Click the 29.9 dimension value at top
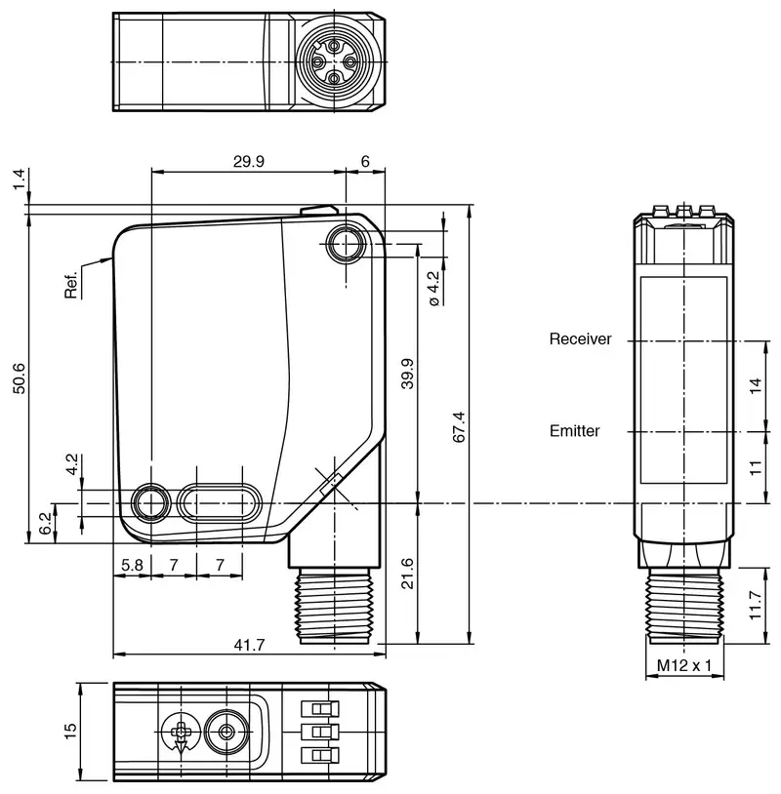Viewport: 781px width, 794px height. (x=249, y=162)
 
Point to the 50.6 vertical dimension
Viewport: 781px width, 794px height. (x=19, y=378)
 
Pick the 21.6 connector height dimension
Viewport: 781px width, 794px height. (x=407, y=574)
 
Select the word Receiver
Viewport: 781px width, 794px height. (x=580, y=339)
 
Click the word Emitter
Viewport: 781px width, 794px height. (x=574, y=430)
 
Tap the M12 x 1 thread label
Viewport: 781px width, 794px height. (x=684, y=665)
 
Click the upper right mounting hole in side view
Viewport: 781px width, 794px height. (x=345, y=243)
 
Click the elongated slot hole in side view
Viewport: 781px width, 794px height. (x=220, y=503)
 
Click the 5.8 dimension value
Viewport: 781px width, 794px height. (x=132, y=565)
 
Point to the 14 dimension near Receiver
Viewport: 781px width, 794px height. (x=754, y=385)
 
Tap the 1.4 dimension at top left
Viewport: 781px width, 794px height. (x=19, y=180)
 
